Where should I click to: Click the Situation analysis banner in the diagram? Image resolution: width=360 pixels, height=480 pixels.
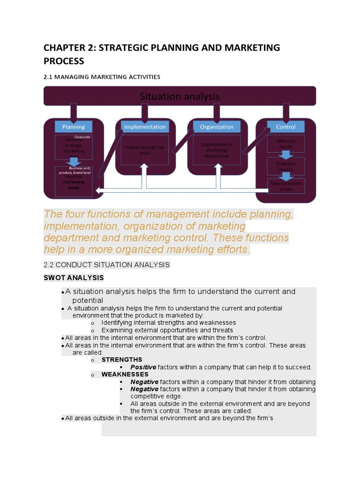pos(180,96)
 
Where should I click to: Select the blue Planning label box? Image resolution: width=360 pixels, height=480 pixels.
pos(74,127)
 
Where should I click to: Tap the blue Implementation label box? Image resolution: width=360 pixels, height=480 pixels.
pos(144,127)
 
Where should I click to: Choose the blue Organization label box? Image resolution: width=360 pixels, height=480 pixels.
pos(216,127)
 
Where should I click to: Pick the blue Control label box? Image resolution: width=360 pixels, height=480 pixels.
pos(285,127)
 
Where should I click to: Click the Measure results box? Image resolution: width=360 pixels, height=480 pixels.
pos(285,143)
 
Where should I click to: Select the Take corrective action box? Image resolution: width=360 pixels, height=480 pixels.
pos(285,186)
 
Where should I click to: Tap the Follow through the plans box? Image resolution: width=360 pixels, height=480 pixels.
pos(144,150)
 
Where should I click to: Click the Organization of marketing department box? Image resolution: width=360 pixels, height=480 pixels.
pos(216,150)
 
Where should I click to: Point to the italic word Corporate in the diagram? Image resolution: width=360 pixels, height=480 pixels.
pos(82,137)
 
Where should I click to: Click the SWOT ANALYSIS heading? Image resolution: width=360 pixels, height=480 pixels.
pos(74,278)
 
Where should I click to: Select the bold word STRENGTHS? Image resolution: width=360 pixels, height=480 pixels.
pos(122,360)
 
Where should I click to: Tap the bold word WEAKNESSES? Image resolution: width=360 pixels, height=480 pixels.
pos(125,375)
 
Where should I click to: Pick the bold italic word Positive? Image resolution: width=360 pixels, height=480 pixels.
pos(143,367)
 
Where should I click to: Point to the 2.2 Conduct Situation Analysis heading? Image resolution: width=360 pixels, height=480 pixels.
pos(106,265)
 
